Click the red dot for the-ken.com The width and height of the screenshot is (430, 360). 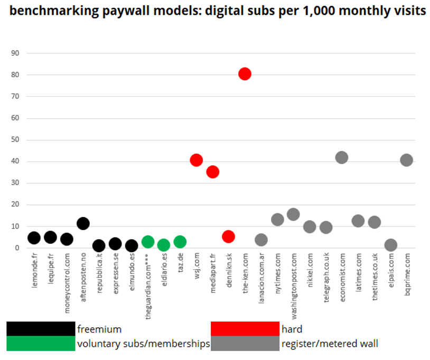pos(245,74)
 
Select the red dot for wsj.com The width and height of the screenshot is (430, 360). pos(196,160)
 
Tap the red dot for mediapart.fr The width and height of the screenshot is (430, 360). pos(212,172)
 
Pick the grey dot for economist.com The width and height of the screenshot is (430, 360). pos(342,157)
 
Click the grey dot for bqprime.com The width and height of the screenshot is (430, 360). pos(406,160)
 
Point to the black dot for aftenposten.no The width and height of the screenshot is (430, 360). pos(83,223)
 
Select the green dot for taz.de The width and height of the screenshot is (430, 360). pos(180,241)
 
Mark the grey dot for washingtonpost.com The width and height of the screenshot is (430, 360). pos(293,214)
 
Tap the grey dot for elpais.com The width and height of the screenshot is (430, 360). pos(390,244)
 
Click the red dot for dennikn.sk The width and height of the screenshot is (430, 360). pos(228,236)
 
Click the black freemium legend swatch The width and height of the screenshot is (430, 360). pos(41,329)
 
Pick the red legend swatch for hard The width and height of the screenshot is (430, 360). pos(245,329)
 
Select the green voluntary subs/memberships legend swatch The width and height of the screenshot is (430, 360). pos(41,344)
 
